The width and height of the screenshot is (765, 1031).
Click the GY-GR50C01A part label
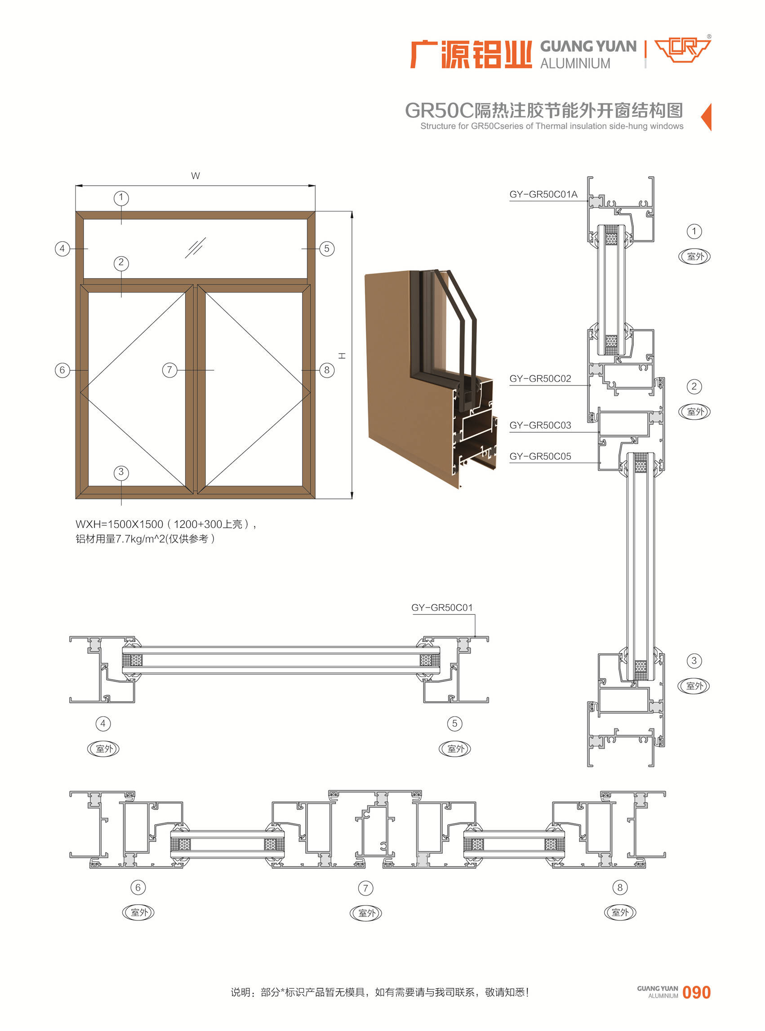[543, 195]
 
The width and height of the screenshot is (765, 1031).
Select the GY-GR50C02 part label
[540, 379]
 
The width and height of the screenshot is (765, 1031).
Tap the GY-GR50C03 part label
[540, 426]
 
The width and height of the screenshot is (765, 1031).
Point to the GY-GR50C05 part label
[540, 457]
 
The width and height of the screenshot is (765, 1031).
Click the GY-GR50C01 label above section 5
[442, 607]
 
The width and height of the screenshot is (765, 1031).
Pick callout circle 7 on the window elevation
[169, 370]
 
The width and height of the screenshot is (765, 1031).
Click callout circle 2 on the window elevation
[121, 263]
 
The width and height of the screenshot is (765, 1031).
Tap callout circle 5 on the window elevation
[327, 249]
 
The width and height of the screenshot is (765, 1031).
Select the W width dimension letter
[196, 176]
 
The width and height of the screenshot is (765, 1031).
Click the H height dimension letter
[342, 356]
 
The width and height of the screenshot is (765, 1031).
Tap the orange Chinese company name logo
[471, 55]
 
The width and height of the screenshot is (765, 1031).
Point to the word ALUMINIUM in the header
[575, 63]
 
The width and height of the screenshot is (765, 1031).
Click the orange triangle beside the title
[706, 117]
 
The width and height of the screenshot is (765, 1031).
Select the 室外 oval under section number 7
[366, 913]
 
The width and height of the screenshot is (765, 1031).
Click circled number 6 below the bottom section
[138, 888]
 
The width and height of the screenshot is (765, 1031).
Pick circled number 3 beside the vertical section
[694, 661]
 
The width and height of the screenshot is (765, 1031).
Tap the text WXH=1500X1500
[120, 524]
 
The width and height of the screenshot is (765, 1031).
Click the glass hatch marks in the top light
[196, 248]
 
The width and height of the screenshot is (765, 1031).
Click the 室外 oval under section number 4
[103, 749]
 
